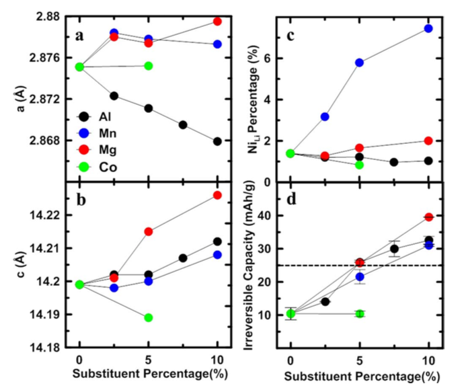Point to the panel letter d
(x=291, y=200)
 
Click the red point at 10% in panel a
(x=217, y=22)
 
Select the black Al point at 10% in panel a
(x=217, y=141)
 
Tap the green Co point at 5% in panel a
(x=148, y=66)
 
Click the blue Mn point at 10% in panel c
(x=428, y=28)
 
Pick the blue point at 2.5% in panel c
(x=325, y=116)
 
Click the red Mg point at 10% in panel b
(x=217, y=195)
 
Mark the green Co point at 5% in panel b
(x=148, y=317)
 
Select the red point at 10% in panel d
(x=428, y=217)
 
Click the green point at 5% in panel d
(x=359, y=313)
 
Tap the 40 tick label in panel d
(x=268, y=216)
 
